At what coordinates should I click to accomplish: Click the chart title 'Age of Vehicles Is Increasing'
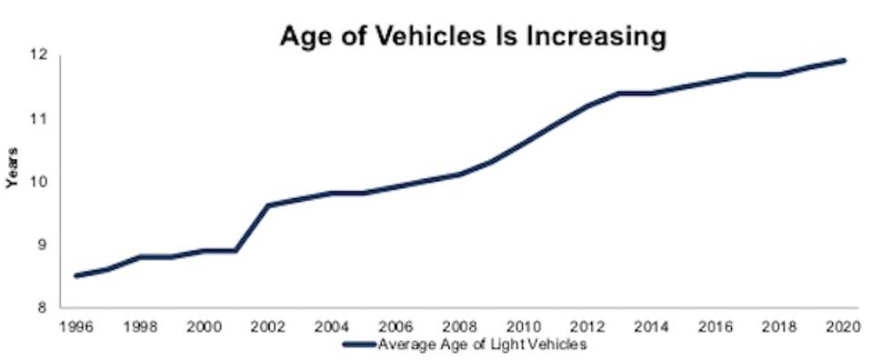474,36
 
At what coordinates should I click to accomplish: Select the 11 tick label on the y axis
42,119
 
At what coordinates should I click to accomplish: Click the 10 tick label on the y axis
42,182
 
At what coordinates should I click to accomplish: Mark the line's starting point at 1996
76,275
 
